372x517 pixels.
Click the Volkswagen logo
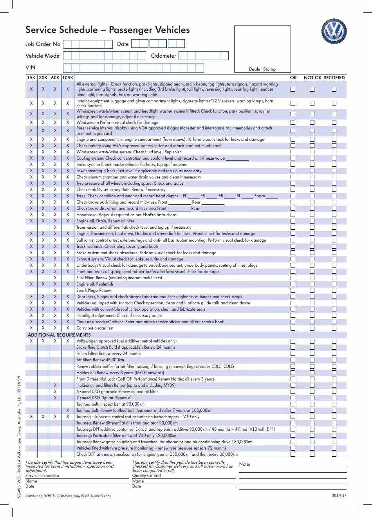tap(334, 32)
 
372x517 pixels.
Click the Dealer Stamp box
tap(262, 49)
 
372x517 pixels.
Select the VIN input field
tap(133, 68)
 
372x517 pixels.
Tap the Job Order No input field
tap(88, 44)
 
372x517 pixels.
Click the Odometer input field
tap(204, 56)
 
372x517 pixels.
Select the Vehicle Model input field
tap(104, 56)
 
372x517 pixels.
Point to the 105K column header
tap(68, 78)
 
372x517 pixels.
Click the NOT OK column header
tap(312, 78)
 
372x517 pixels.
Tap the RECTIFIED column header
tap(334, 78)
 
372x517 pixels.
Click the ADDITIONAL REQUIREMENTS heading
tap(59, 335)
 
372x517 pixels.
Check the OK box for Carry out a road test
tap(293, 328)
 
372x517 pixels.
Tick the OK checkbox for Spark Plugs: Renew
tap(293, 291)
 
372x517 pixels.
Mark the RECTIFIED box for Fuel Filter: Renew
tap(334, 278)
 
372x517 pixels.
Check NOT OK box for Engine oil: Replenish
tap(312, 284)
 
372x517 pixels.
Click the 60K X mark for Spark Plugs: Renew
tap(55, 291)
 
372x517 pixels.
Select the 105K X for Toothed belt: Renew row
tap(68, 410)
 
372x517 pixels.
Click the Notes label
tap(245, 464)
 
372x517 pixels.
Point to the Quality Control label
tap(146, 476)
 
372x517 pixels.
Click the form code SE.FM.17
tap(339, 495)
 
